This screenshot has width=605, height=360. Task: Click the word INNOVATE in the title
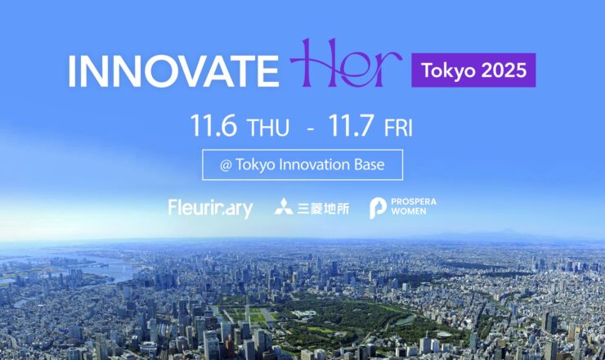(x=173, y=71)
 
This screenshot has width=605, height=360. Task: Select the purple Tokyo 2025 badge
(x=473, y=70)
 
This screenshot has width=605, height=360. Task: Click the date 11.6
(x=213, y=125)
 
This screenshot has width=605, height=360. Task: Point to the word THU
(x=268, y=128)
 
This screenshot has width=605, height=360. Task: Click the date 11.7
(x=351, y=125)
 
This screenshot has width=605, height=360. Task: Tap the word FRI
(x=398, y=128)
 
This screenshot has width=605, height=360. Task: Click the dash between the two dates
(x=310, y=129)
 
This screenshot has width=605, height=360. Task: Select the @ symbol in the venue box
(x=226, y=166)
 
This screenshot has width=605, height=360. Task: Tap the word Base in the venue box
(x=370, y=164)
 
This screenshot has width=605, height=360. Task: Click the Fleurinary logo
(x=211, y=209)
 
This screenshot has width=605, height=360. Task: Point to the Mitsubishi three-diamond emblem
(x=284, y=207)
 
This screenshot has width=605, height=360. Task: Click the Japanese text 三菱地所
(x=323, y=209)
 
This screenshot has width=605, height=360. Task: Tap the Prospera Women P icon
(x=378, y=208)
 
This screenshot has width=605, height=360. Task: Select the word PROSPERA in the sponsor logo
(x=414, y=202)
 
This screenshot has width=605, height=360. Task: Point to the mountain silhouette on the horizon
(x=502, y=233)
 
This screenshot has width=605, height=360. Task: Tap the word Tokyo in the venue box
(x=255, y=165)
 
